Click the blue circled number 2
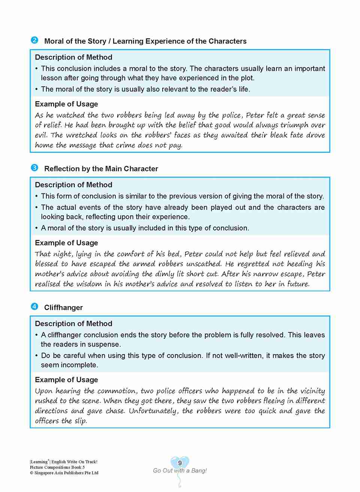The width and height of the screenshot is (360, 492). [34, 40]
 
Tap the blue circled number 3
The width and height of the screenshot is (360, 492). [34, 167]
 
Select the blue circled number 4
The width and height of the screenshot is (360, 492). [34, 307]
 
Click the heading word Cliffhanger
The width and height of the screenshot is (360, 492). [63, 308]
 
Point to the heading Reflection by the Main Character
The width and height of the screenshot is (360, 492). [101, 169]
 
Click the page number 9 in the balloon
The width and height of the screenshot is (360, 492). [180, 463]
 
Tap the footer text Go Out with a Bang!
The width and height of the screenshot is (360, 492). [180, 471]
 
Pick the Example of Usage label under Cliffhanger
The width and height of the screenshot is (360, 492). [66, 380]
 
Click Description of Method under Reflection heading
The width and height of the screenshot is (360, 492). [73, 185]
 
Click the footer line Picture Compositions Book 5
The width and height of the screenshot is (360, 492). [57, 467]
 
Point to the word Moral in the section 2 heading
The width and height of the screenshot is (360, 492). [54, 41]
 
